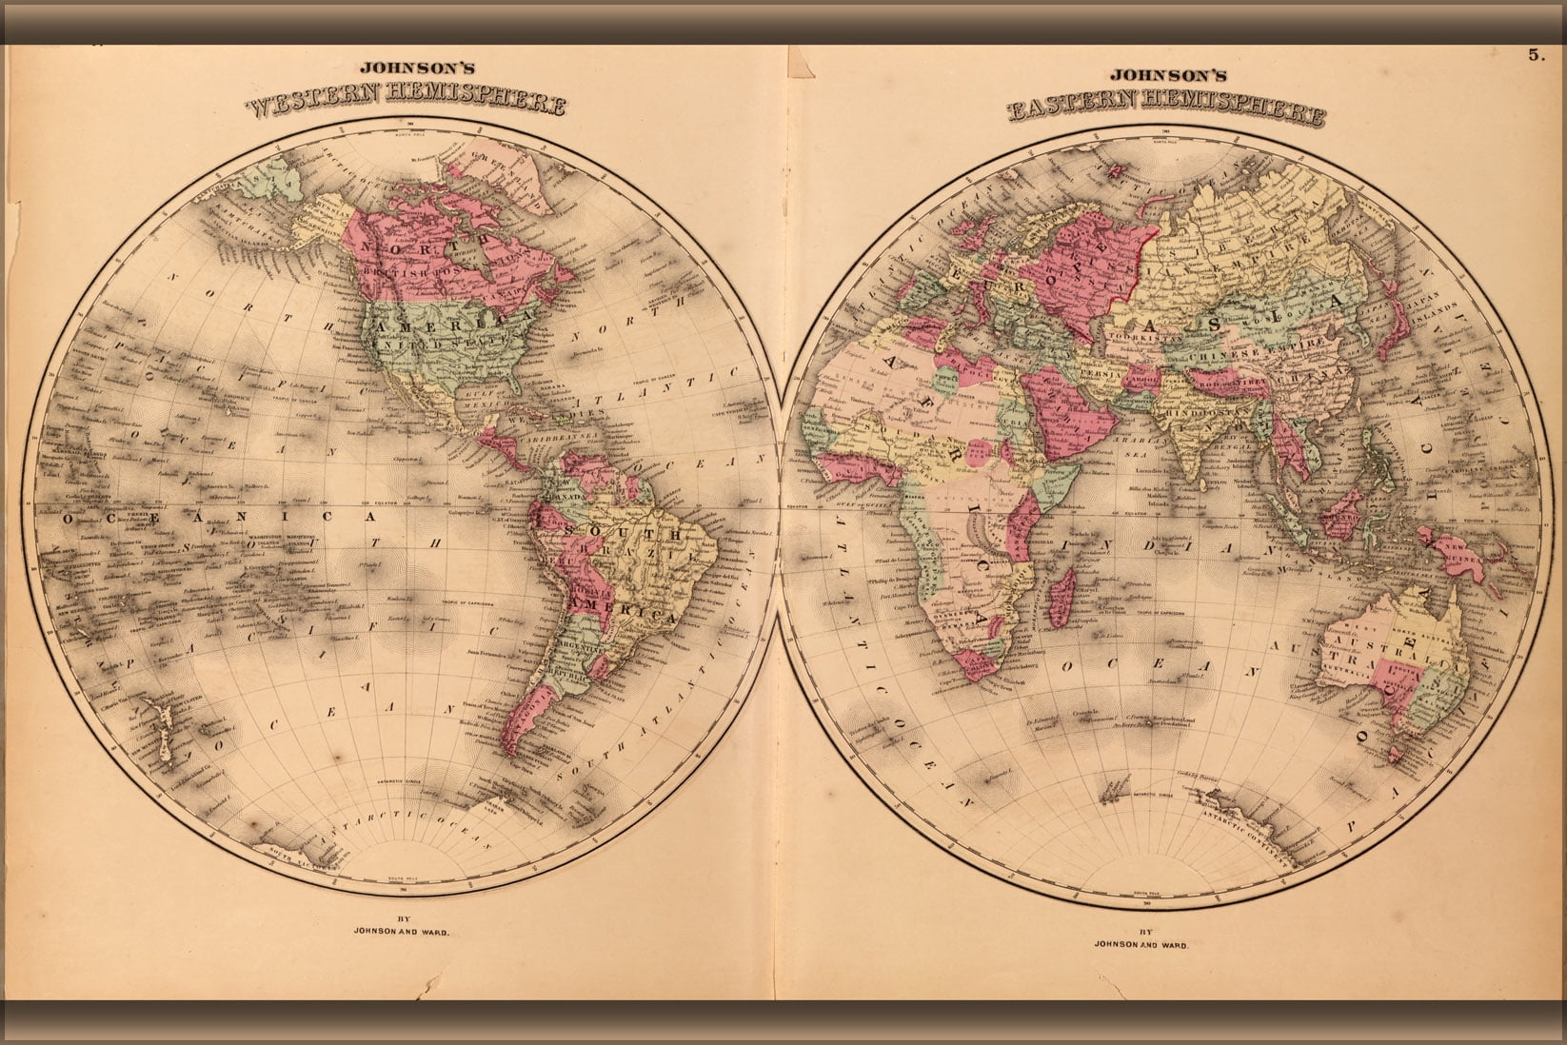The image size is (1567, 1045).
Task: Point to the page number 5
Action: [x=1535, y=55]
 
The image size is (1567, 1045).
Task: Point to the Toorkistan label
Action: [x=1134, y=334]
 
